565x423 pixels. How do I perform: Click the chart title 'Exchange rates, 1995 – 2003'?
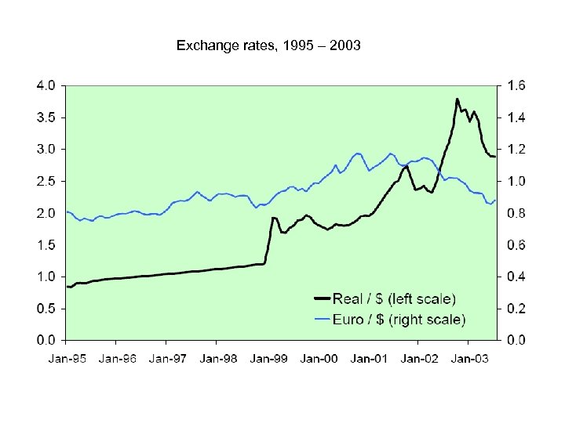(x=268, y=46)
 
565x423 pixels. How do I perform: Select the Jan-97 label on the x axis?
(x=166, y=359)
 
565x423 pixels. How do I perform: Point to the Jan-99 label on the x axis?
(x=268, y=359)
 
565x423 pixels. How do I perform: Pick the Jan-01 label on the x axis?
(x=368, y=359)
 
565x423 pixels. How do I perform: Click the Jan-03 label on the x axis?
(x=468, y=359)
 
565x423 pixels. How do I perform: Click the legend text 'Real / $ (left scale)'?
(x=394, y=298)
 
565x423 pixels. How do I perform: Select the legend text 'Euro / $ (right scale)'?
(x=399, y=319)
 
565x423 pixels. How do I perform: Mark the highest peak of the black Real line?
(x=457, y=99)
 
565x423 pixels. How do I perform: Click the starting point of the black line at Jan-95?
(x=67, y=287)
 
